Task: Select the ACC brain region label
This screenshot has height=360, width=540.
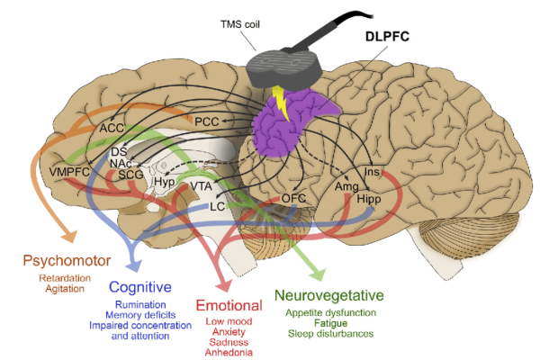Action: click(x=112, y=129)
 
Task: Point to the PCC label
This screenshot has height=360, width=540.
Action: click(x=207, y=120)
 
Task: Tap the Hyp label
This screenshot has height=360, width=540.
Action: click(x=164, y=181)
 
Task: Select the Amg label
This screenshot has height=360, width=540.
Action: click(x=347, y=185)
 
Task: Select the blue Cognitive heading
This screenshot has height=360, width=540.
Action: click(x=140, y=287)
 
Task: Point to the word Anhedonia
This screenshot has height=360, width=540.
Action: click(x=229, y=353)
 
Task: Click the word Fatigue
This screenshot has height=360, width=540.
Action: click(x=329, y=323)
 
